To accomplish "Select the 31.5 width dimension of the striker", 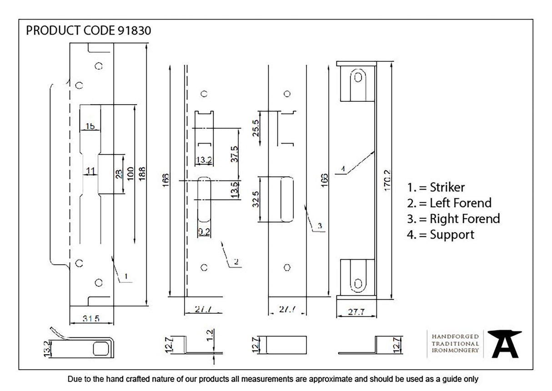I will pos(91,319).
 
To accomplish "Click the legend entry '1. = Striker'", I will pos(436,187).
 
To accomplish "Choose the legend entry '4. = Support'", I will pos(440,235).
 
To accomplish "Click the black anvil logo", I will pos(504,344).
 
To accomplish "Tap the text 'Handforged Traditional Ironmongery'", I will pos(455,343).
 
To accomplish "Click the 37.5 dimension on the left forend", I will pos(234,154).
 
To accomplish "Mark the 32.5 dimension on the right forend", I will pos(256,199).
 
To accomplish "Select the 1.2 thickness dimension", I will pos(209,336).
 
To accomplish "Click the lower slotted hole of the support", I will pos(358,284).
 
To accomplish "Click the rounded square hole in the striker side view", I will pos(100,348).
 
